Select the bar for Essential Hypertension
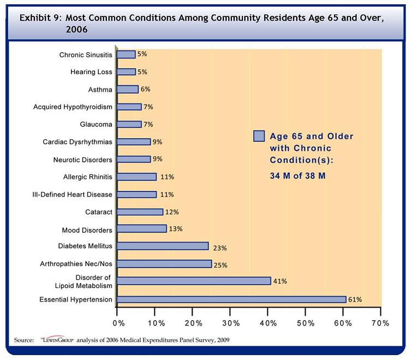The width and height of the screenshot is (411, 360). tap(231, 299)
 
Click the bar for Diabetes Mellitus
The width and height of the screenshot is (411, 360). tap(163, 246)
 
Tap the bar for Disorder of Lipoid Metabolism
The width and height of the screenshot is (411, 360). tap(194, 281)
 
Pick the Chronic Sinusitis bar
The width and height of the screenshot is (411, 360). tap(126, 55)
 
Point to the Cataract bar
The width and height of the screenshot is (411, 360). tap(140, 212)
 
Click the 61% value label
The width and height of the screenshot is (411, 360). tap(355, 299)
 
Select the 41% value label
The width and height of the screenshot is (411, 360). tap(281, 281)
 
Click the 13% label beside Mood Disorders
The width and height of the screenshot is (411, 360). tap(175, 229)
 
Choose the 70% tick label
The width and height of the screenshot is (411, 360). tap(380, 323)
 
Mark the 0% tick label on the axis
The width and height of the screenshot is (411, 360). tap(118, 323)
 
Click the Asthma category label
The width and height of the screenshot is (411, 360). tap(100, 89)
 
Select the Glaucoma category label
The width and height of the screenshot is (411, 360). tap(96, 124)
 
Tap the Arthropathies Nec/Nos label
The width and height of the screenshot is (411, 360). tap(77, 264)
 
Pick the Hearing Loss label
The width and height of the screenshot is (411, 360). tap(91, 72)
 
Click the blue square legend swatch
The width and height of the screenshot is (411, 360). tap(259, 136)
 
